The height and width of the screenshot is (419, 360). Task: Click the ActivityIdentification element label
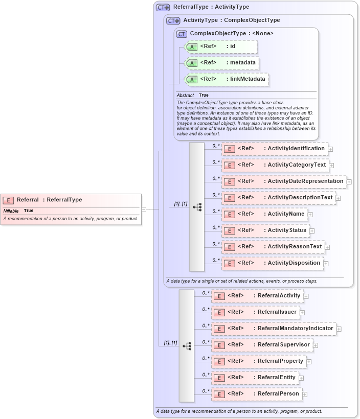pyautogui.click(x=296, y=149)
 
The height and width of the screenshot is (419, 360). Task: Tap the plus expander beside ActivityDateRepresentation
pyautogui.click(x=349, y=181)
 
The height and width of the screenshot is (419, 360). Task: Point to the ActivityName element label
pyautogui.click(x=286, y=214)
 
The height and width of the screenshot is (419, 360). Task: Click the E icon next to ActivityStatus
pyautogui.click(x=230, y=230)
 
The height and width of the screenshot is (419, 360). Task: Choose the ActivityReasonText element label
pyautogui.click(x=295, y=247)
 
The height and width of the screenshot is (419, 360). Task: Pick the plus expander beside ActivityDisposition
pyautogui.click(x=326, y=263)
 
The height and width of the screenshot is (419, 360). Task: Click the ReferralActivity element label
pyautogui.click(x=279, y=296)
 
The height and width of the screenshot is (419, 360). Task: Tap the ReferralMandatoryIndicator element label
pyautogui.click(x=295, y=329)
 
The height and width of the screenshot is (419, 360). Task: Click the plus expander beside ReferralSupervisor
pyautogui.click(x=316, y=345)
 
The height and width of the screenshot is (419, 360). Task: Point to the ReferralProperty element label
pyautogui.click(x=280, y=361)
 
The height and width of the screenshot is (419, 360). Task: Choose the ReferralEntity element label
pyautogui.click(x=276, y=378)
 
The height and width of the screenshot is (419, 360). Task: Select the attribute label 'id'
pyautogui.click(x=232, y=46)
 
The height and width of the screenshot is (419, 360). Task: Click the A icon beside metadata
pyautogui.click(x=192, y=63)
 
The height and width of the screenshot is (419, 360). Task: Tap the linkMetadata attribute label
pyautogui.click(x=246, y=79)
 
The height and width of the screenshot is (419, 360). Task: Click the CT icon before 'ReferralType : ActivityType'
pyautogui.click(x=163, y=8)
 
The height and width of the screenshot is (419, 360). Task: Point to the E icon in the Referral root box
pyautogui.click(x=8, y=200)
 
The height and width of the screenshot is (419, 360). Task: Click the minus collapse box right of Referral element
pyautogui.click(x=144, y=209)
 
